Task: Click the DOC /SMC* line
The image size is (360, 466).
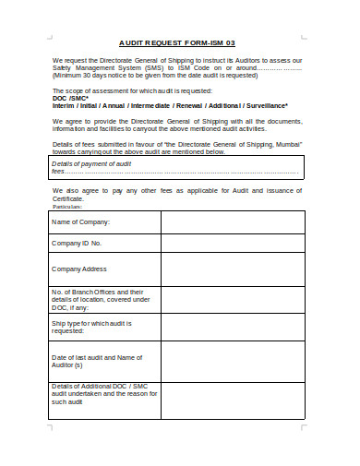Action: point(69,99)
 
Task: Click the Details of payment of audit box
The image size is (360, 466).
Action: point(176,166)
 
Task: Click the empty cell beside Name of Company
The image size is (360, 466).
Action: point(233,222)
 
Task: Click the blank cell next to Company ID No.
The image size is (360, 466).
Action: point(233,244)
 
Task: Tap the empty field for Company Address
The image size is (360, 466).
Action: point(233,269)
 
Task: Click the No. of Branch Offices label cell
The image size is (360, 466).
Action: point(103,299)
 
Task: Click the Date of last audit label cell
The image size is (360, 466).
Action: point(103,361)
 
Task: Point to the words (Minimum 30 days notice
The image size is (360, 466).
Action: point(88,76)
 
